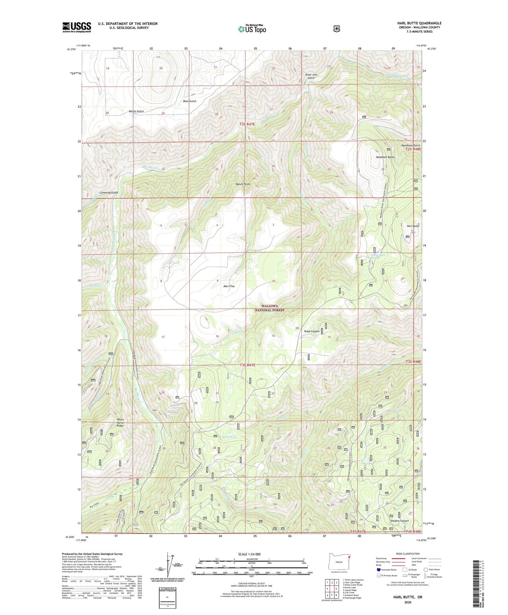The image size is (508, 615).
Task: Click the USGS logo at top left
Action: (x=77, y=27)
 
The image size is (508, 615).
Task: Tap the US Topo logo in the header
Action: (x=252, y=29)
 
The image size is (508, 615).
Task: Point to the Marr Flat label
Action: (x=229, y=286)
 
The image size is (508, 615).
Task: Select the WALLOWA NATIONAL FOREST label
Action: (x=270, y=308)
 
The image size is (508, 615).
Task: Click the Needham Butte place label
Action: (x=385, y=157)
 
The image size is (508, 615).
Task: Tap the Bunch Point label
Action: (x=243, y=184)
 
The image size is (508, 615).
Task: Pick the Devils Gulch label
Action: (x=136, y=111)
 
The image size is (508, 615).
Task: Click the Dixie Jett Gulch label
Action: (x=311, y=76)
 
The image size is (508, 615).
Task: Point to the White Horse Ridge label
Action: (x=120, y=422)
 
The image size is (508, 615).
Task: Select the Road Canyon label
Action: (x=312, y=331)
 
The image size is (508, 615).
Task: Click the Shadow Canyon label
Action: (x=399, y=521)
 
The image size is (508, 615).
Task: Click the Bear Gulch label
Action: (x=189, y=101)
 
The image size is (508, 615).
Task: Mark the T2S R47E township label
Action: (x=247, y=124)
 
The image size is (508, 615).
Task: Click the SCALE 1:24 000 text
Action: (x=249, y=554)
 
